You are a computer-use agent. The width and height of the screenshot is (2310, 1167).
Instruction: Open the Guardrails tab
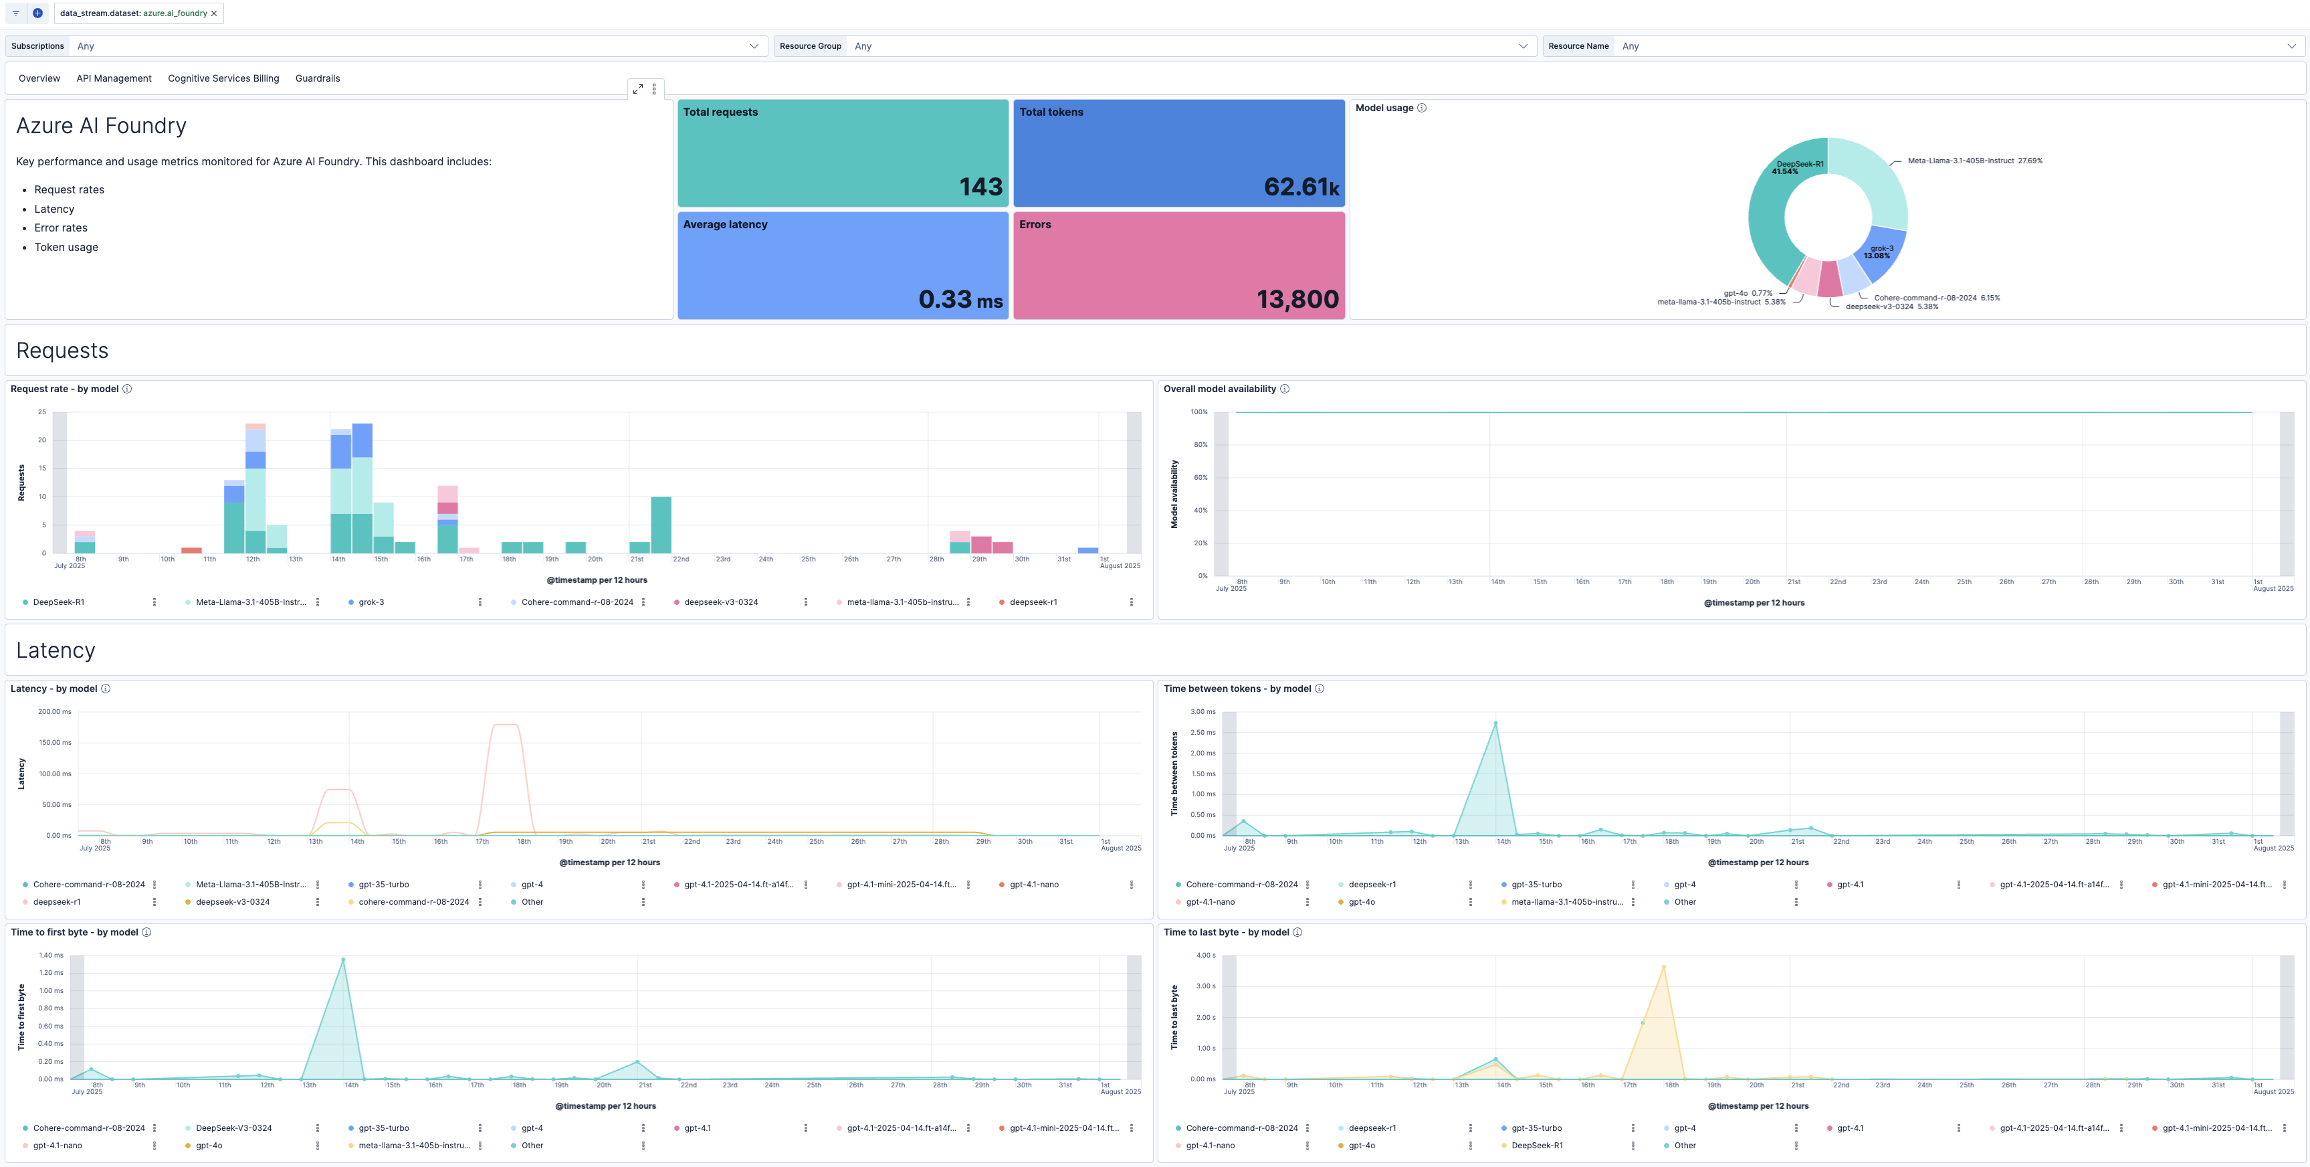318,79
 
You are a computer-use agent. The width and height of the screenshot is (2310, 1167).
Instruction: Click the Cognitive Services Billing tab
223,79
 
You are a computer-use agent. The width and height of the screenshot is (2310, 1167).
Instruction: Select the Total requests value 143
980,187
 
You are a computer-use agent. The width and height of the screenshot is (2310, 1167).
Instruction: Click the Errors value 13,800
1297,300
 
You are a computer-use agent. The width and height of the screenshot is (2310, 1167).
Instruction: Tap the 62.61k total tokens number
1300,187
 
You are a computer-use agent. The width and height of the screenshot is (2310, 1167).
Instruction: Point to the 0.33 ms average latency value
960,300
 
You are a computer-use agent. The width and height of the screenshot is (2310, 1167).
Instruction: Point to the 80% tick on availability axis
1200,445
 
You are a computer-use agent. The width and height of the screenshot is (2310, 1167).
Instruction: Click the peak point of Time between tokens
1495,723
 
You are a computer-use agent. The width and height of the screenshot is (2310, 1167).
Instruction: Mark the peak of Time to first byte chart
342,960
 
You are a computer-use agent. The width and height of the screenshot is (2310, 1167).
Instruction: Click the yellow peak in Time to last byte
1663,967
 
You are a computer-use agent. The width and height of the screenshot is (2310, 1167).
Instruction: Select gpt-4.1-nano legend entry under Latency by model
1033,885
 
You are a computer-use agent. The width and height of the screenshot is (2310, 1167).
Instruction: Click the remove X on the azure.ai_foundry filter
214,13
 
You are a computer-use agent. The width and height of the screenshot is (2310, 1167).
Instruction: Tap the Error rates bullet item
61,228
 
